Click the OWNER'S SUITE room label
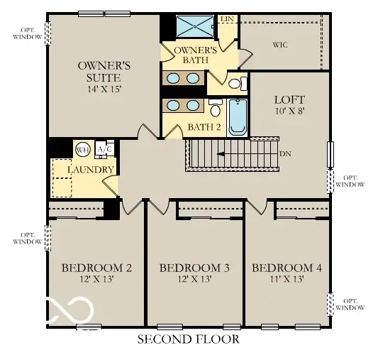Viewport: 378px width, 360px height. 99,71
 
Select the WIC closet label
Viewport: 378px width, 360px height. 281,44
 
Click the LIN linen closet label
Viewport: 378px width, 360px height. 227,19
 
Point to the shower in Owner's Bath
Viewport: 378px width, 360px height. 194,26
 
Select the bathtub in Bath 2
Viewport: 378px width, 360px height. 238,117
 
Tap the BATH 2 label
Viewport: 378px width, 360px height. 204,129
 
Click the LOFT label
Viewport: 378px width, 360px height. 289,101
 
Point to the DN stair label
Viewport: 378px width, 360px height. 284,153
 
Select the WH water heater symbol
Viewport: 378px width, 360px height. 82,149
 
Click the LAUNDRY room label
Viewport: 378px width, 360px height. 91,170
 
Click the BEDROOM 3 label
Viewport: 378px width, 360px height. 194,268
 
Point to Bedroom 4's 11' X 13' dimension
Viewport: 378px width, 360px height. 287,279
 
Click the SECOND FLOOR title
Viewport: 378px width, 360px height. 188,340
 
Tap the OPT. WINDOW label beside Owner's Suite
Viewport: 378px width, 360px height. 26,33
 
